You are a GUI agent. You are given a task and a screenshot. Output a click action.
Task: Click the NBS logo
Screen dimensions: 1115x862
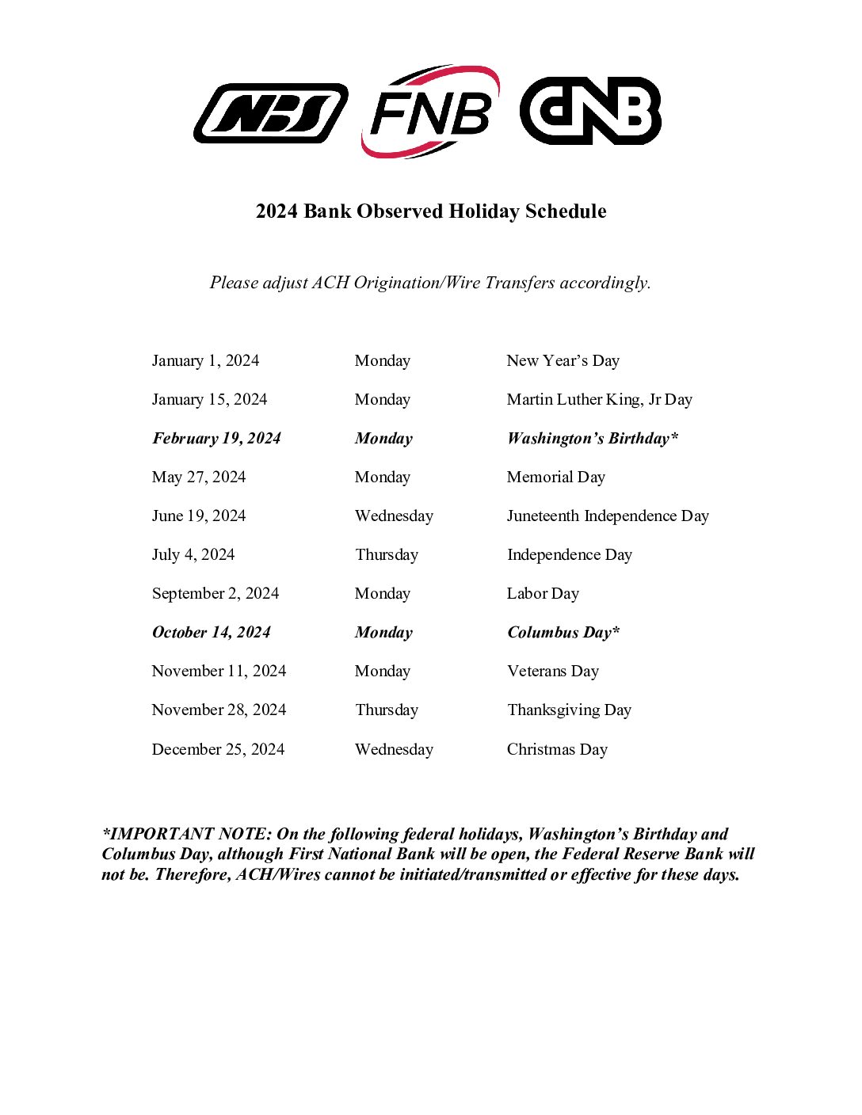(270, 113)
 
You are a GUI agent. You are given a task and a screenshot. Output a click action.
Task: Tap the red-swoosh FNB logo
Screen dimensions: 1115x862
(430, 112)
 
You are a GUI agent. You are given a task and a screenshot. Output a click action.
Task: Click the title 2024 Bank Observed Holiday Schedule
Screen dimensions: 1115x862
(431, 211)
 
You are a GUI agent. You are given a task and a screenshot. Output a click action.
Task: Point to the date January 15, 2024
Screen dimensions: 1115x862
(209, 400)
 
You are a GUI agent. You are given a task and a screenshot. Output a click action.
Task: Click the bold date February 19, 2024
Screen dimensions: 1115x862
(216, 439)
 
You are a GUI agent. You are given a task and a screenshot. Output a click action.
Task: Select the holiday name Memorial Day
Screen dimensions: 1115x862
(555, 478)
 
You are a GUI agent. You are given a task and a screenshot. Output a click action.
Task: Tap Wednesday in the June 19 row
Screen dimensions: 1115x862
(394, 516)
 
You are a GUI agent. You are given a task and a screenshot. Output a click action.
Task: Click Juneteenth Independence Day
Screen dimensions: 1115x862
(608, 516)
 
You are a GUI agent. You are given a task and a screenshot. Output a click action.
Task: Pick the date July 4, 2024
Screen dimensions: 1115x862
(193, 555)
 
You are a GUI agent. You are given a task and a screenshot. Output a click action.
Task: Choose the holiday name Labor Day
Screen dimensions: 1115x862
(543, 594)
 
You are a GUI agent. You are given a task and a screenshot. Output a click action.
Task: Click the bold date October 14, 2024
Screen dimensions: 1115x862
(211, 633)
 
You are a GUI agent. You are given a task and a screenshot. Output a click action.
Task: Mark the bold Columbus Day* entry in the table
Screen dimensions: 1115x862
(563, 633)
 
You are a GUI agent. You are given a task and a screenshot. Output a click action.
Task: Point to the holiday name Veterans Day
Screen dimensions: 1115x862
(553, 672)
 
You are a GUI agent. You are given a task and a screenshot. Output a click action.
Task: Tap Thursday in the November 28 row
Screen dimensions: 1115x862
(387, 710)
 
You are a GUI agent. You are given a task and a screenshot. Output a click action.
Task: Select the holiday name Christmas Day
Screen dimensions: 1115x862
(557, 750)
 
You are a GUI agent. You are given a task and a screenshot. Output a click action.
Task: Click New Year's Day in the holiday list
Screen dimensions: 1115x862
(563, 361)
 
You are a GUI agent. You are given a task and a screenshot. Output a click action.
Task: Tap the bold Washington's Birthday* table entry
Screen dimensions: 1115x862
(593, 439)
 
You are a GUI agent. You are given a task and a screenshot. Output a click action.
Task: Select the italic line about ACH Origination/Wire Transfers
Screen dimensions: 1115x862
(430, 283)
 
